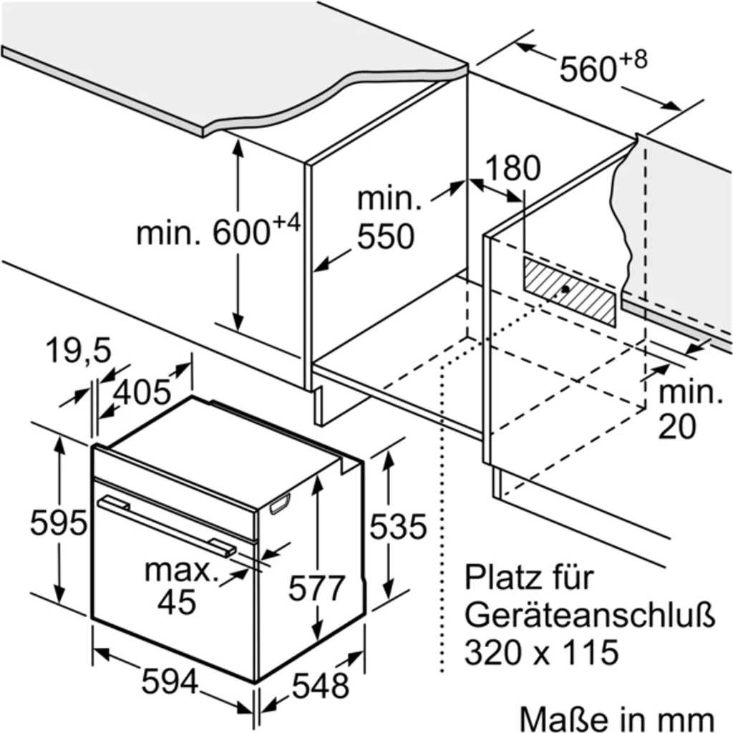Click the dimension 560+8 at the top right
point(601,67)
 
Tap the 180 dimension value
point(513,169)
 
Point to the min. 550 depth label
point(387,218)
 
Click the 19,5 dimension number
point(78,351)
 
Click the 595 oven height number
point(58,523)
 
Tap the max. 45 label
point(179,586)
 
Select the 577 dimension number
point(316,588)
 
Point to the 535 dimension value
point(397,528)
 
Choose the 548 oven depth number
point(320,686)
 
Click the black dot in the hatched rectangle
point(565,289)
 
